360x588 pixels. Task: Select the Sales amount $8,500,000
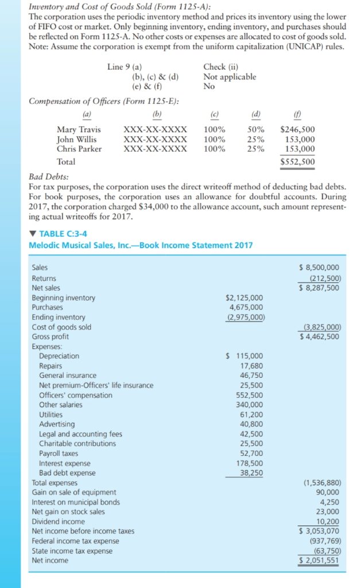pos(319,268)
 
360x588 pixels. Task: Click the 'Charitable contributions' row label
pos(77,444)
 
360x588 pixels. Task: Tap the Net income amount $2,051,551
pos(319,560)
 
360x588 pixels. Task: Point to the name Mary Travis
pos(79,130)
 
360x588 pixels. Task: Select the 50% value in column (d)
pos(256,130)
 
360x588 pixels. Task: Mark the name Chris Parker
pos(79,149)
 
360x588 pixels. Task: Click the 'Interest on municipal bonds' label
pos(76,502)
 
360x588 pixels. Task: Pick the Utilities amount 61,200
pos(251,415)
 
